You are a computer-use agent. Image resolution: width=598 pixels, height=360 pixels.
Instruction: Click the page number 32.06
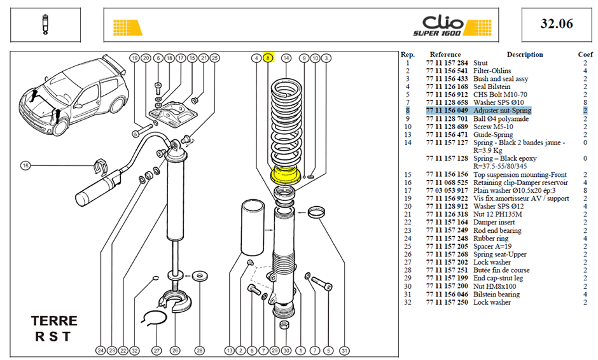tap(557, 24)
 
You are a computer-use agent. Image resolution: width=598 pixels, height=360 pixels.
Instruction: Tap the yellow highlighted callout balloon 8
tap(268, 58)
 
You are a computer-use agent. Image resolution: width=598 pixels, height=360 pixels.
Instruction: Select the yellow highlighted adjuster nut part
tap(284, 175)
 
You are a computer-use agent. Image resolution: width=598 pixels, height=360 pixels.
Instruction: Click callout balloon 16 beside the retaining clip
tap(25, 165)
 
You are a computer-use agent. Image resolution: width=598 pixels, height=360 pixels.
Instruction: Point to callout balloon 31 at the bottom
tap(344, 350)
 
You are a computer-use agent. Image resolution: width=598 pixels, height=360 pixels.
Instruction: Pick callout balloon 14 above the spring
tap(286, 58)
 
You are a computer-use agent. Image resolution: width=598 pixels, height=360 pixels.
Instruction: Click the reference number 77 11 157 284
tap(447, 63)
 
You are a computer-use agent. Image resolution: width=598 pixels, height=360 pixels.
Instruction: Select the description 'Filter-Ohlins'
tap(492, 71)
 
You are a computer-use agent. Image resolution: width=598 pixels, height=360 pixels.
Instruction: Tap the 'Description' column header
tap(525, 55)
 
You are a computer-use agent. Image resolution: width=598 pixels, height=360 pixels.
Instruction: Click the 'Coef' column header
tap(585, 55)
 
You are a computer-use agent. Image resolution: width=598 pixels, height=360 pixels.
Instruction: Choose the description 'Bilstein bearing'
tap(496, 294)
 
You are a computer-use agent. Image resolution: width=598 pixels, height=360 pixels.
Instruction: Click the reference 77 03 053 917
tap(447, 191)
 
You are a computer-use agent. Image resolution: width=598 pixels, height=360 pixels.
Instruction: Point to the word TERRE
tap(54, 321)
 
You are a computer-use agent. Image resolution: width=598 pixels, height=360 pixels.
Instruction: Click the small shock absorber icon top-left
tap(46, 24)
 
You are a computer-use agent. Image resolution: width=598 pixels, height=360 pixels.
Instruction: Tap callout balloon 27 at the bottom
tap(156, 350)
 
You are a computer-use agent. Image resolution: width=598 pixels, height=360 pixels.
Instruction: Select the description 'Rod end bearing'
tap(497, 230)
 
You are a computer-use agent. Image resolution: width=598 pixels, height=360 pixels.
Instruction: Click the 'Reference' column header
tap(445, 55)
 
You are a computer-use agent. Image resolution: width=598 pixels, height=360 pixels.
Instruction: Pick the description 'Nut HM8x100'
tap(495, 286)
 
